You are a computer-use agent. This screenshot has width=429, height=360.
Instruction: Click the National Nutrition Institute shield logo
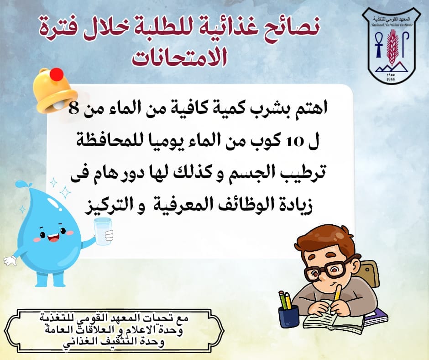pos(391,46)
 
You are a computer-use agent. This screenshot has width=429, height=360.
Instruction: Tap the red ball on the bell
pos(57,74)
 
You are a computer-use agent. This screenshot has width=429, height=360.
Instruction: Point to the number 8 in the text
pos(73,109)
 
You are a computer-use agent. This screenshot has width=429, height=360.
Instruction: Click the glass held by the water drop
pos(103,231)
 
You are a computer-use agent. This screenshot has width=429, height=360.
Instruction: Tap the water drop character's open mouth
pos(53,237)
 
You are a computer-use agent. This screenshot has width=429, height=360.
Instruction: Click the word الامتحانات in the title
pos(179,58)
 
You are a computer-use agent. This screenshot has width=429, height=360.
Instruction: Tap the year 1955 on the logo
pos(391,79)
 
